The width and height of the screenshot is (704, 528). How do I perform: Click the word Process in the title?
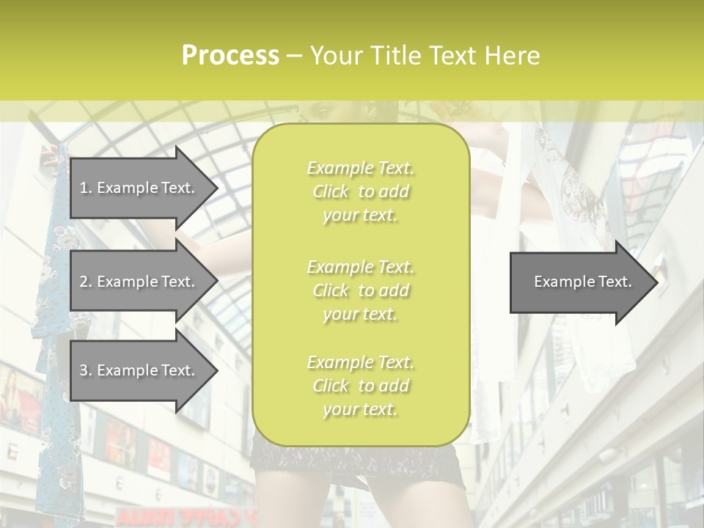pyautogui.click(x=230, y=56)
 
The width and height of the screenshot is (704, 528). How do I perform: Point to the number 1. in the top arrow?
pyautogui.click(x=86, y=188)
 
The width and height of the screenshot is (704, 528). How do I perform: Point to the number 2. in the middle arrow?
pyautogui.click(x=86, y=282)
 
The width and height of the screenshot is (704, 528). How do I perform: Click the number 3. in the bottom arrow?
pyautogui.click(x=86, y=370)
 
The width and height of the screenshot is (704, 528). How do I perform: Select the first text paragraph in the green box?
pyautogui.click(x=360, y=191)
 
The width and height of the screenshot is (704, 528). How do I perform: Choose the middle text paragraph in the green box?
pyautogui.click(x=360, y=290)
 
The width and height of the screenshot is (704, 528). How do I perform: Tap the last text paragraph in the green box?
pyautogui.click(x=360, y=386)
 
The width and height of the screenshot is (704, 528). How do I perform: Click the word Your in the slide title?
pyautogui.click(x=335, y=56)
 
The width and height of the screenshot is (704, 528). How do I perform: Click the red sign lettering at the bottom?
pyautogui.click(x=183, y=518)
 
